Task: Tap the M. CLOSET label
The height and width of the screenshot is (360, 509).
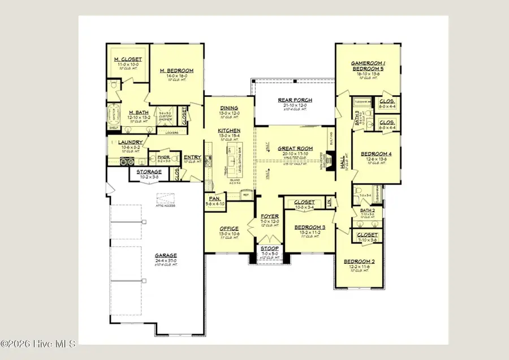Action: pos(128,59)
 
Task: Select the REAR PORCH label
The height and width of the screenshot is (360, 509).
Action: pos(295,100)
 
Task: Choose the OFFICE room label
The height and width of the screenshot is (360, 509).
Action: pos(228,228)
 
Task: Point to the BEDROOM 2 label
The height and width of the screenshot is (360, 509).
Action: pos(359,261)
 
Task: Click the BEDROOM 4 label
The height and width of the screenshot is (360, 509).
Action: pos(376,153)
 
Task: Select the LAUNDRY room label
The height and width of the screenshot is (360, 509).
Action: pos(130,142)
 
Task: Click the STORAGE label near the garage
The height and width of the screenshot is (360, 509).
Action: pos(149,172)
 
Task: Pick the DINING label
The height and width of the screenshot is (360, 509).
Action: pos(228,108)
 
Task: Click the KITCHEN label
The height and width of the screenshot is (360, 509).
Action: pos(228,131)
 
